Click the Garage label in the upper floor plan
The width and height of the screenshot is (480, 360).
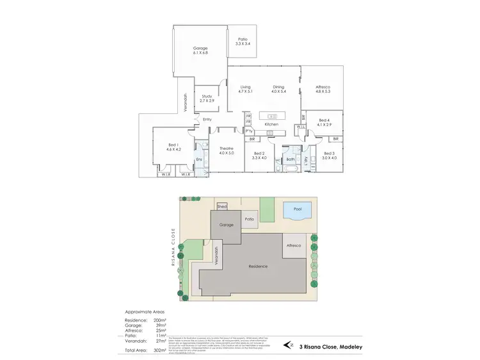200,49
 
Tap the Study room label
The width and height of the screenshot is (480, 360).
206,96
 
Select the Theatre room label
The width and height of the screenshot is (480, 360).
227,149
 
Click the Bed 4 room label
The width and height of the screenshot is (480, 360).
323,120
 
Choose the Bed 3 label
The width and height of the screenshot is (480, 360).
329,153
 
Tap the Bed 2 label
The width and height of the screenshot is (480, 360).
259,153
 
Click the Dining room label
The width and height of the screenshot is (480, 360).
278,87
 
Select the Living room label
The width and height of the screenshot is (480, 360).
245,87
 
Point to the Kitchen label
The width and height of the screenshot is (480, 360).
272,124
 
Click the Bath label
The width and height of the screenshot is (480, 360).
290,159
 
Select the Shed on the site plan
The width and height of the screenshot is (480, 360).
223,207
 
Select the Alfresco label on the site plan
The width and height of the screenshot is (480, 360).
294,245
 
